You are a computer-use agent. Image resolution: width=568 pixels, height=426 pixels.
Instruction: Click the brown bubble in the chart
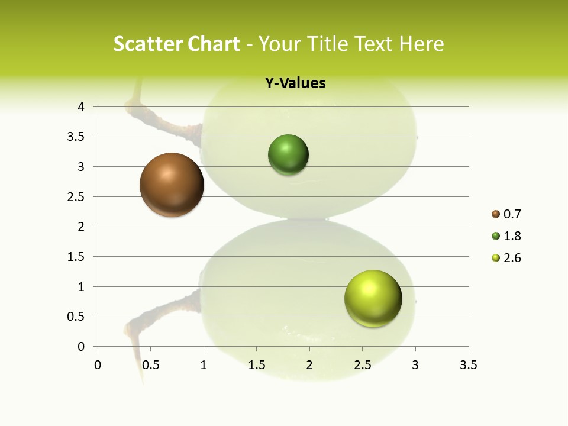[x=172, y=185]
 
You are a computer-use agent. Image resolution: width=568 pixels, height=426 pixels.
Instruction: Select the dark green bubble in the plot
[x=289, y=155]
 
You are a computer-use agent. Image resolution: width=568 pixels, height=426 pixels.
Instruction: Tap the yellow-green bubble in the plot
[x=373, y=298]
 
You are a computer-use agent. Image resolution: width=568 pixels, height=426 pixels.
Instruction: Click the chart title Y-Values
[x=295, y=83]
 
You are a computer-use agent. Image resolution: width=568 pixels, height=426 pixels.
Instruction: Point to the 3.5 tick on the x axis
[x=469, y=365]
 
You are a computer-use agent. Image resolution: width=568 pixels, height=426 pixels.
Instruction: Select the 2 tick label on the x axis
[x=309, y=365]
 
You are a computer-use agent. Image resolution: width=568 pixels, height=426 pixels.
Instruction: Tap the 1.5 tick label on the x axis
[x=256, y=365]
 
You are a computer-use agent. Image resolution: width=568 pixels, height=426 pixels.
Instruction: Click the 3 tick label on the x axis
[x=415, y=365]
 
